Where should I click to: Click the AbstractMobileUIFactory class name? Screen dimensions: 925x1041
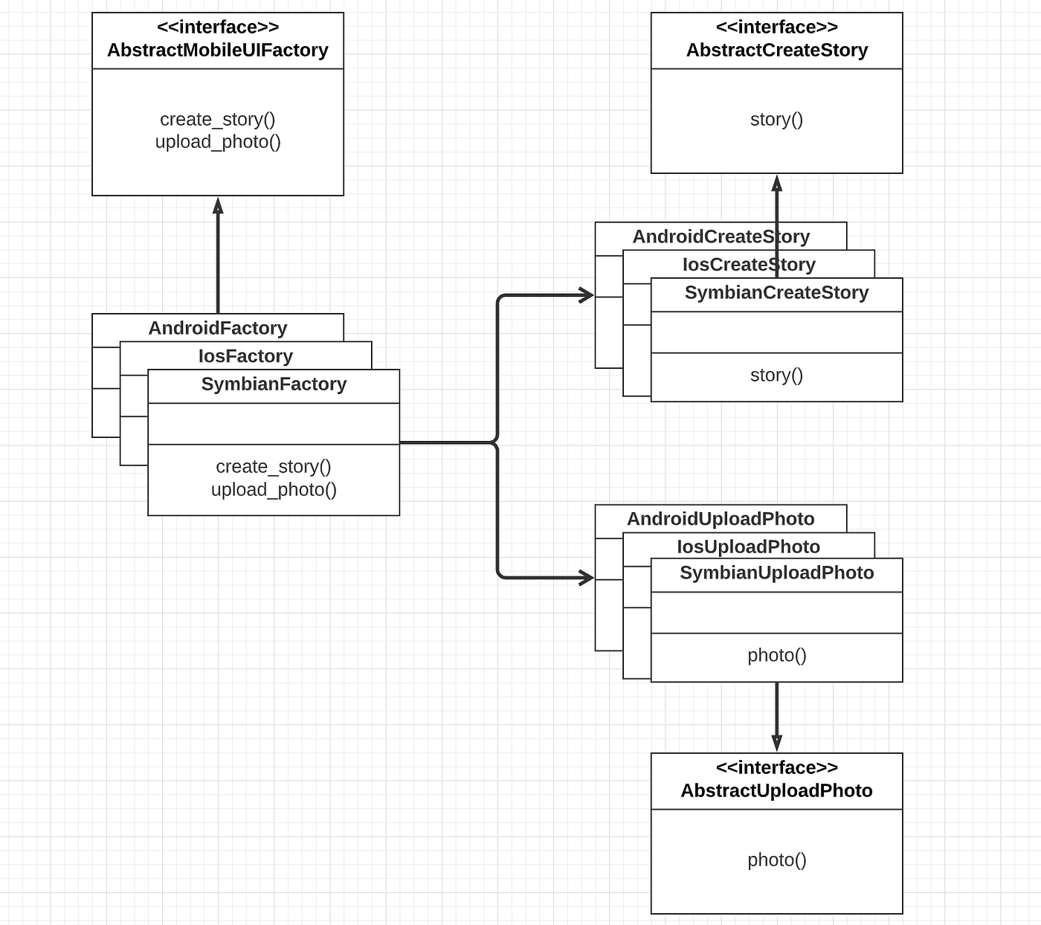click(217, 50)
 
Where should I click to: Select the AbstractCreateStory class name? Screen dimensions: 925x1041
click(776, 50)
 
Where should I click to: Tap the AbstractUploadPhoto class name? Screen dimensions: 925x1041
click(776, 790)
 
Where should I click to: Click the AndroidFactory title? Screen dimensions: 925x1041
click(217, 328)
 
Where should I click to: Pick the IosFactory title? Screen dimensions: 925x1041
click(245, 356)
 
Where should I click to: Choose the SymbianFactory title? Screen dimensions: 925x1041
click(274, 384)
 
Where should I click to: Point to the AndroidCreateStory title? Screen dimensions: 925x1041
click(721, 236)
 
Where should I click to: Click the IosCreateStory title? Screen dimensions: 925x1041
click(749, 265)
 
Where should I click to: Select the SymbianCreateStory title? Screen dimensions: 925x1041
click(776, 293)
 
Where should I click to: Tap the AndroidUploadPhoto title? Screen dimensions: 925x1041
click(721, 519)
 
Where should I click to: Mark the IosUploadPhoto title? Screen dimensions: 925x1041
click(748, 547)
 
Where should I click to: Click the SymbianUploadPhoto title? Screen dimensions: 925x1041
click(776, 573)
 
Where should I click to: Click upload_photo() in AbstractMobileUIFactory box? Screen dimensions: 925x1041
click(218, 142)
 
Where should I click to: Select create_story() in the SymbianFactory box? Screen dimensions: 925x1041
click(273, 466)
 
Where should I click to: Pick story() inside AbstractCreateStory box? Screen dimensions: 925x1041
click(776, 119)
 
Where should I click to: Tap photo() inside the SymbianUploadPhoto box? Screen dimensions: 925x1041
click(776, 655)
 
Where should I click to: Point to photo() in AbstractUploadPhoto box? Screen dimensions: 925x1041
click(776, 860)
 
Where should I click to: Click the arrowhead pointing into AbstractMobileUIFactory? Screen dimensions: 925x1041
click(218, 206)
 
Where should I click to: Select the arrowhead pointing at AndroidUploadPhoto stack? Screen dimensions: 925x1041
click(586, 577)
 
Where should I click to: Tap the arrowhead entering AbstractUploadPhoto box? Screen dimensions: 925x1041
click(776, 743)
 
